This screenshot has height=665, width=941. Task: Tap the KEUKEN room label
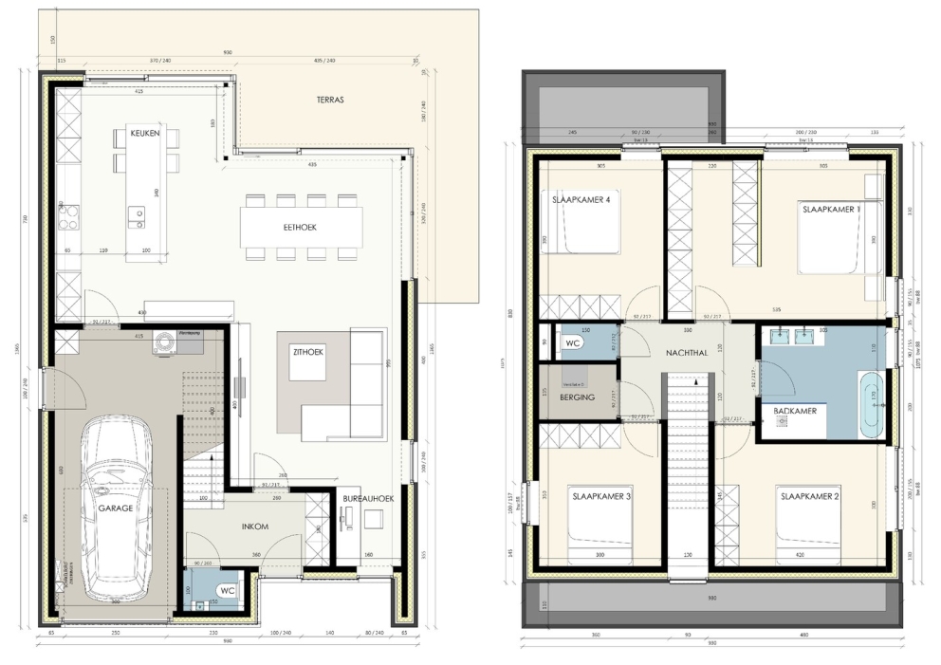(145, 134)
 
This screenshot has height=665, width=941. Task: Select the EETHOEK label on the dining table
(300, 228)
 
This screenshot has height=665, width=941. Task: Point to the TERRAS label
(329, 99)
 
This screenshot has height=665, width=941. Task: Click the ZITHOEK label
(307, 352)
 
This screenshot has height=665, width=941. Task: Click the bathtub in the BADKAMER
(870, 404)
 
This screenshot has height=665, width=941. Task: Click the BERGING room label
(577, 397)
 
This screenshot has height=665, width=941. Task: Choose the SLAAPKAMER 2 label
(810, 496)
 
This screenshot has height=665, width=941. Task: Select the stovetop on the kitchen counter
(68, 217)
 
